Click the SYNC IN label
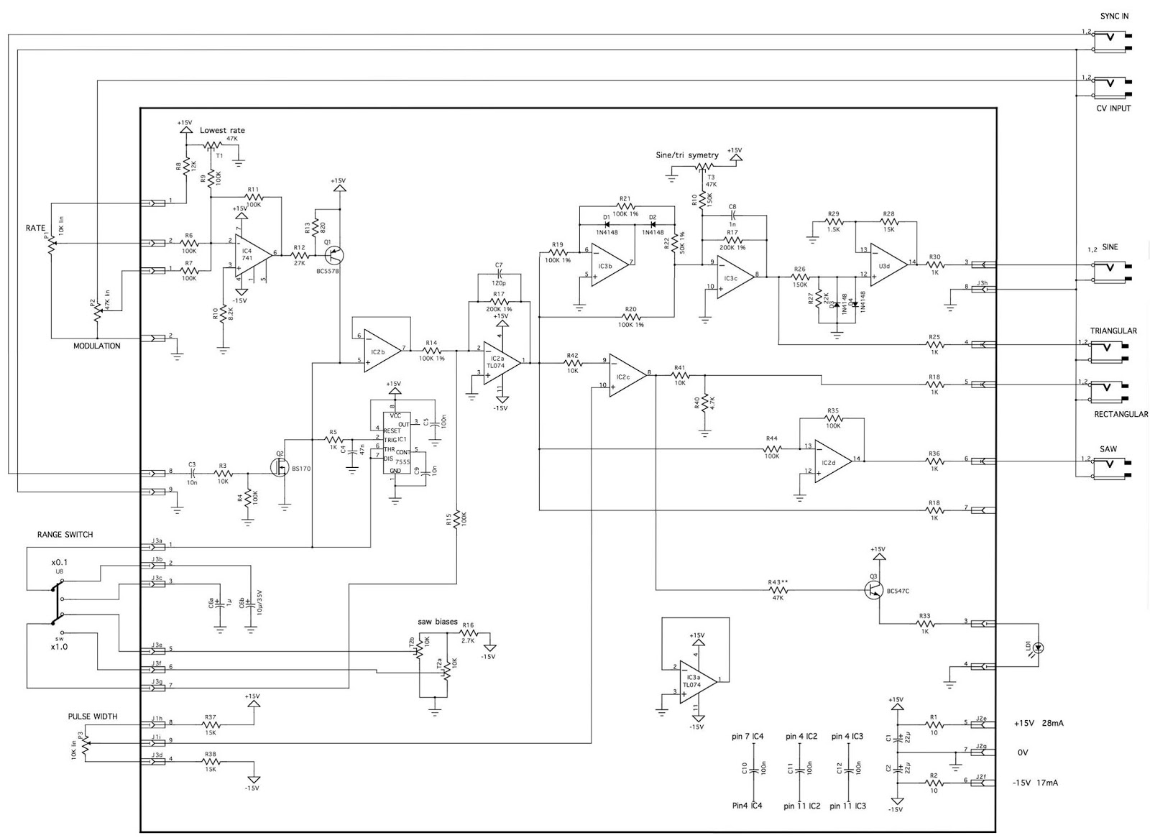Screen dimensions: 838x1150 (1114, 16)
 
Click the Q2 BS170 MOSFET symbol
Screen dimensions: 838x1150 (280, 467)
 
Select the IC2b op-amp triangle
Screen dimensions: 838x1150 (382, 350)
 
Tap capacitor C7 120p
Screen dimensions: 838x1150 (499, 275)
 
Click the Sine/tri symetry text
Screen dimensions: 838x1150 (686, 155)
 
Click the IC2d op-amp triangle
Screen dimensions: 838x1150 (832, 460)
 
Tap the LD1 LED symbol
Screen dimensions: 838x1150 (1038, 648)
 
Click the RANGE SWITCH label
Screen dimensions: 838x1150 (65, 535)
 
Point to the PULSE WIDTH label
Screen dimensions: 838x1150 (93, 717)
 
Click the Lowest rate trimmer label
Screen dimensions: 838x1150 (222, 130)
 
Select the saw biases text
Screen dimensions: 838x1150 (437, 622)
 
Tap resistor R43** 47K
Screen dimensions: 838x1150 (778, 590)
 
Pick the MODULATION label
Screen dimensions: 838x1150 (97, 346)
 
